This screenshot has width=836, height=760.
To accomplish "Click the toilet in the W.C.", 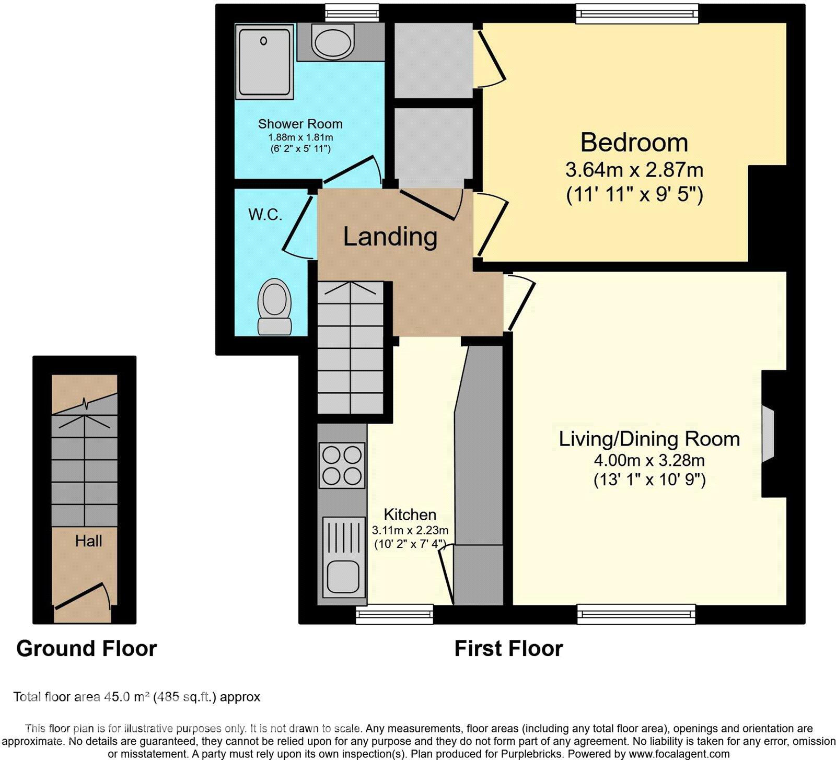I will (x=274, y=306).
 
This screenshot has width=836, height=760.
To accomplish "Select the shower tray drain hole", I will (x=264, y=41).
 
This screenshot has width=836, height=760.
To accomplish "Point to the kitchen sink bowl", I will (x=342, y=575).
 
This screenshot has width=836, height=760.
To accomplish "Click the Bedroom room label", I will (x=634, y=143).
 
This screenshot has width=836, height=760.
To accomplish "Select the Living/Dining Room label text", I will (x=649, y=439).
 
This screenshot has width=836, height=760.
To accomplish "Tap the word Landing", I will (x=390, y=237).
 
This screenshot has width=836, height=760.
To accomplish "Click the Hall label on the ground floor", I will (x=88, y=541).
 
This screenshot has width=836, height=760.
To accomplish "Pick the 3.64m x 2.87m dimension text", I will (x=634, y=170).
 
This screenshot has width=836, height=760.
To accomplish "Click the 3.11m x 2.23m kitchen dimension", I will (x=410, y=530).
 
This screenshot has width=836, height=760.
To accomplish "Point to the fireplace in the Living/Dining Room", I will (x=768, y=434).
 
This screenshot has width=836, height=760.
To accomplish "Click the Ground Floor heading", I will (x=86, y=649).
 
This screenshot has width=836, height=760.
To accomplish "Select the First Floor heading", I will (x=508, y=649).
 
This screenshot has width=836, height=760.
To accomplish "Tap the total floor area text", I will (x=136, y=697).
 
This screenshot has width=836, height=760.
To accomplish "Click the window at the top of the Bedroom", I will (x=636, y=14).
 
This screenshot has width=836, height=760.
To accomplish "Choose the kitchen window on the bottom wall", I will (x=394, y=614).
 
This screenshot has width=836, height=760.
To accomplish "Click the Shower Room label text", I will (x=300, y=124).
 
